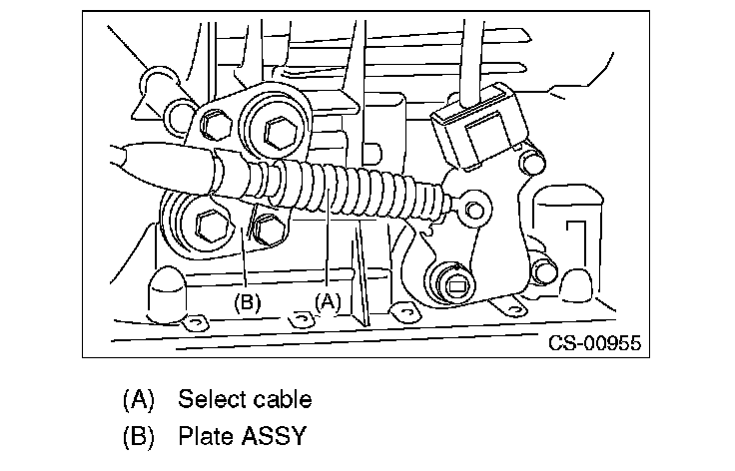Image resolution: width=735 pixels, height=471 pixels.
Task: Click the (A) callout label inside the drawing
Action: point(329,299)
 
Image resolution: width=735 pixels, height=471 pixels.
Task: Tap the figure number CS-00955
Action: point(594,344)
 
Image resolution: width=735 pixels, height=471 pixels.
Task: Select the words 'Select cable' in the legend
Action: point(245,400)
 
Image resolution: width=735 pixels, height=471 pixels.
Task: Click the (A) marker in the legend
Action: point(139,400)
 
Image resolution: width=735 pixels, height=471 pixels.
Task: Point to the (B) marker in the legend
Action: point(139,436)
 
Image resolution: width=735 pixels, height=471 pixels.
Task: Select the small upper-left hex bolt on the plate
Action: point(212,124)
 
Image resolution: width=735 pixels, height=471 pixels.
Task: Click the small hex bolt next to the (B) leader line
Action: point(265,229)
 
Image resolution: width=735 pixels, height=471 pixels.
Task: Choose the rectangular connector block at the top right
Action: point(477,124)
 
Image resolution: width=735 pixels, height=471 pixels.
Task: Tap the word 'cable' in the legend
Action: point(281,400)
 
